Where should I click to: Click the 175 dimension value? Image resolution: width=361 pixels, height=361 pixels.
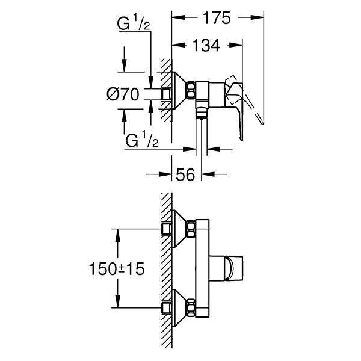pyautogui.click(x=217, y=18)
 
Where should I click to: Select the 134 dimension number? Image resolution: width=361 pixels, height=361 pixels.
pyautogui.click(x=206, y=46)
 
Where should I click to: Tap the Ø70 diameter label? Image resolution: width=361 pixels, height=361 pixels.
pyautogui.click(x=123, y=94)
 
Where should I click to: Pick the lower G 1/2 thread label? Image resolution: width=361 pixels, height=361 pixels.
pyautogui.click(x=142, y=141)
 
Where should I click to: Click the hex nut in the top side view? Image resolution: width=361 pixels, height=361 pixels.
pyautogui.click(x=192, y=90)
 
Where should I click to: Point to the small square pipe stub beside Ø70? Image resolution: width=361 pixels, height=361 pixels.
pyautogui.click(x=166, y=94)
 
